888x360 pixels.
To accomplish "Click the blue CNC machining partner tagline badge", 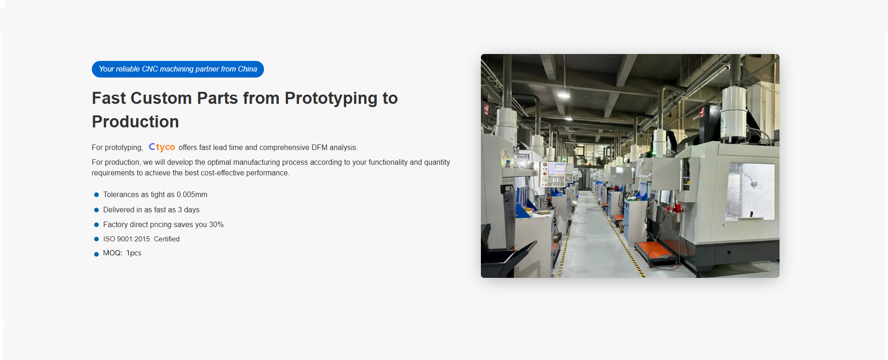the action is tap(178, 69).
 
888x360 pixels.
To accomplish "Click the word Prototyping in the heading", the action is tap(331, 99).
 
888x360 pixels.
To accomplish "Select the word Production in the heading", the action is tap(135, 122).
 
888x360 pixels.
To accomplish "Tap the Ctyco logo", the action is tap(162, 147).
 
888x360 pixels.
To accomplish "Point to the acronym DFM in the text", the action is tap(319, 148).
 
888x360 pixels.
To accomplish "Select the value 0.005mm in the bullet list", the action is tap(192, 195).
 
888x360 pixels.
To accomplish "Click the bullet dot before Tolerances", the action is tap(96, 195).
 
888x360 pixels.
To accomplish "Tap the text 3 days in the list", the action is tap(189, 210).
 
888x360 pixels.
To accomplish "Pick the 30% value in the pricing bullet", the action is tap(216, 225).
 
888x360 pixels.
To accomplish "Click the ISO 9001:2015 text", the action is tap(126, 239).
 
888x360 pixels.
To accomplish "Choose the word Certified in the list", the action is tap(167, 239).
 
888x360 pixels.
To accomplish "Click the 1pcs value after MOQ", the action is tap(134, 253).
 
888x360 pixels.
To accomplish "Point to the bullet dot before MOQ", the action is tap(96, 254).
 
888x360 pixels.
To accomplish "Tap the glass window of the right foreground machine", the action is tap(750, 191).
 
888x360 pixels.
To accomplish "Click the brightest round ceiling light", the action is tap(564, 95).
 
